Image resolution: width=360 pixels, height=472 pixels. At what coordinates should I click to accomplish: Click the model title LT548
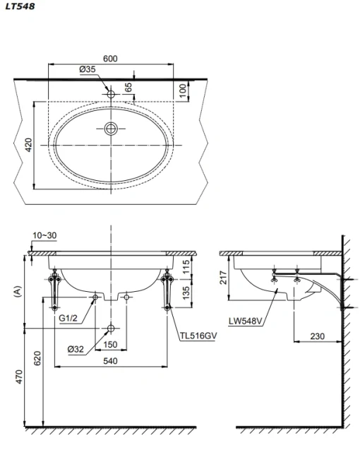(x=20, y=6)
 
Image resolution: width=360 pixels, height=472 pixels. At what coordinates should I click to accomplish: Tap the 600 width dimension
(x=110, y=59)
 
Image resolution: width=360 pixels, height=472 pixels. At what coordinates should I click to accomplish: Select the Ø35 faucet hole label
(x=88, y=69)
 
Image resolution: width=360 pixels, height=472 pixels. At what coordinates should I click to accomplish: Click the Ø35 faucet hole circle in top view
(x=111, y=94)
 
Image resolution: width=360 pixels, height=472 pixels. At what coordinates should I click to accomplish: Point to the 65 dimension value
(x=128, y=88)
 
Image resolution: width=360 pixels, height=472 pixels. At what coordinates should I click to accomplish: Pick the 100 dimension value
(x=183, y=90)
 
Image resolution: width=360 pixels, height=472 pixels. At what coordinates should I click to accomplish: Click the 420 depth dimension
(x=28, y=145)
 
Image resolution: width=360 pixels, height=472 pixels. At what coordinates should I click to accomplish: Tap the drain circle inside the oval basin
(x=111, y=129)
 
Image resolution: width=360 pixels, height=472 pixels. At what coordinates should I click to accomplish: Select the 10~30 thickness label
(x=44, y=235)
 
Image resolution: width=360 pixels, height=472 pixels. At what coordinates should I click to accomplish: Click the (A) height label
(x=18, y=292)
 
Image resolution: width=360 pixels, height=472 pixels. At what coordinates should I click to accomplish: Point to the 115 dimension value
(x=186, y=266)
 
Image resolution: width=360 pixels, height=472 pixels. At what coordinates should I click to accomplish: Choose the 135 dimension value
(x=186, y=293)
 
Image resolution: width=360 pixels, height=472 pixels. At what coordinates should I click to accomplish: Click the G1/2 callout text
(x=68, y=318)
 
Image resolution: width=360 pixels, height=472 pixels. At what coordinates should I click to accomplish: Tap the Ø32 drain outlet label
(x=76, y=349)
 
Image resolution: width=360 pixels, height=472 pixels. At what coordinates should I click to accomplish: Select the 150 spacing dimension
(x=110, y=344)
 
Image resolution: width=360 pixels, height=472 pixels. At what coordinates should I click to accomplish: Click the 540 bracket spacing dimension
(x=110, y=361)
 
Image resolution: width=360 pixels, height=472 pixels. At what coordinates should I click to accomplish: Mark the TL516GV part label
(x=198, y=336)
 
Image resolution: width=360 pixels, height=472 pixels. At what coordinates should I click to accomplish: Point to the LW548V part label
(x=246, y=321)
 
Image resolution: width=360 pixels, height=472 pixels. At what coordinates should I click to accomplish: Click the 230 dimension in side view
(x=317, y=336)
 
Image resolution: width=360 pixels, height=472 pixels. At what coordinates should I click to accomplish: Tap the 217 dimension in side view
(x=224, y=277)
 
